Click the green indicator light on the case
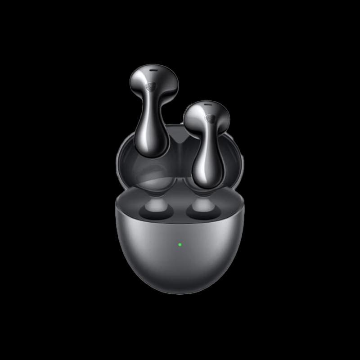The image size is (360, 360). [x=180, y=245]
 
